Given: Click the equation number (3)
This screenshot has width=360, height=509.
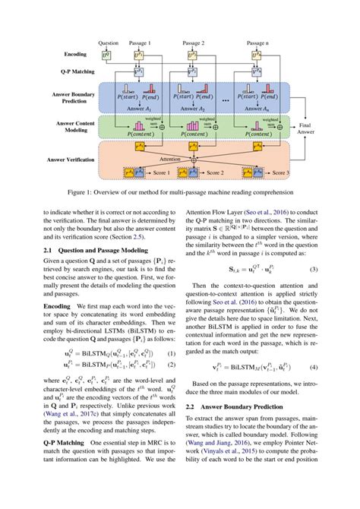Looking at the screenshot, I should pyautogui.click(x=313, y=269).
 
